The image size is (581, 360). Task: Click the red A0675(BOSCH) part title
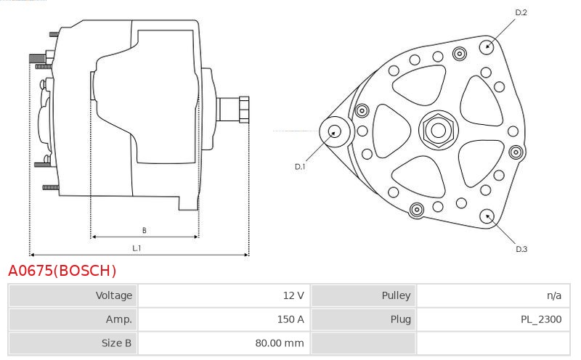click(x=62, y=271)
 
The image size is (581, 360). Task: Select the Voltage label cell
click(x=73, y=295)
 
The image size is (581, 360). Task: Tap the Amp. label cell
click(x=73, y=319)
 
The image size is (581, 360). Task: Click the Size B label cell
click(x=73, y=343)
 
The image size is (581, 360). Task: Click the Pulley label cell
click(x=364, y=295)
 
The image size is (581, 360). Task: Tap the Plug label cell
click(x=364, y=319)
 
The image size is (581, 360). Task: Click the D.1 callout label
click(x=300, y=167)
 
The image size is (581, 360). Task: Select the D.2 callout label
click(x=521, y=12)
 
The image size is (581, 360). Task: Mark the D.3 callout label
click(x=521, y=249)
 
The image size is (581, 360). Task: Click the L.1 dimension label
click(x=137, y=248)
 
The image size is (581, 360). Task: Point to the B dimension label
click(x=144, y=230)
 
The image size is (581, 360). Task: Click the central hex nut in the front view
click(x=439, y=131)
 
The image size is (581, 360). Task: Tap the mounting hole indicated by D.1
click(x=335, y=131)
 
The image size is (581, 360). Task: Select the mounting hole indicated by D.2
click(x=487, y=46)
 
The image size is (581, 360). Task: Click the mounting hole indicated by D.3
click(x=487, y=216)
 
